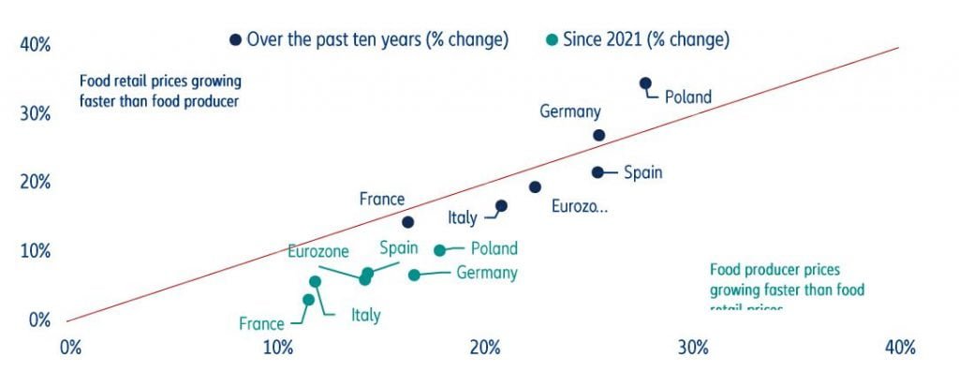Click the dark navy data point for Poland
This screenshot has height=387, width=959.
[x=645, y=83]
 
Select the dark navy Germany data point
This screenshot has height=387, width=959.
[x=599, y=135]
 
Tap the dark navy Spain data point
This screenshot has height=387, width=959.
[x=598, y=172]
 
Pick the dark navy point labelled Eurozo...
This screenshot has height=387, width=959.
[x=535, y=187]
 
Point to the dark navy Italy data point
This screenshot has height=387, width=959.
[x=501, y=206]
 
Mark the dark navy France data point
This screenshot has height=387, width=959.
[x=408, y=222]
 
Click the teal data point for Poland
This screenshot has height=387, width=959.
[x=440, y=250]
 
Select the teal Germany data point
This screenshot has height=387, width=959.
[x=414, y=275]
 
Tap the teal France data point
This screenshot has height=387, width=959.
[x=309, y=300]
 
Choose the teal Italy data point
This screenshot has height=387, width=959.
[x=316, y=281]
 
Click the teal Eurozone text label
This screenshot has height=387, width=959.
[x=318, y=251]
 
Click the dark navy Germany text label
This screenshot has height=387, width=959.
[x=570, y=112]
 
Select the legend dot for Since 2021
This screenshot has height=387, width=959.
[x=553, y=39]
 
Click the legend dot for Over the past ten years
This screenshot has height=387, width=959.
[x=236, y=39]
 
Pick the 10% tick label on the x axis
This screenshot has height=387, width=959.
[x=277, y=348]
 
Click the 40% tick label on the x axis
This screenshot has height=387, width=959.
[x=899, y=348]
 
